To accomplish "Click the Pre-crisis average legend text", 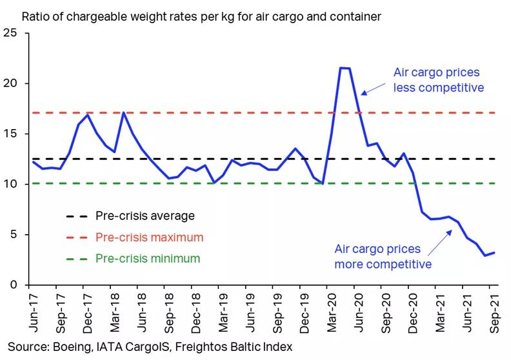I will (145, 216).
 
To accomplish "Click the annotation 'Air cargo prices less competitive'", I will (438, 80).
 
